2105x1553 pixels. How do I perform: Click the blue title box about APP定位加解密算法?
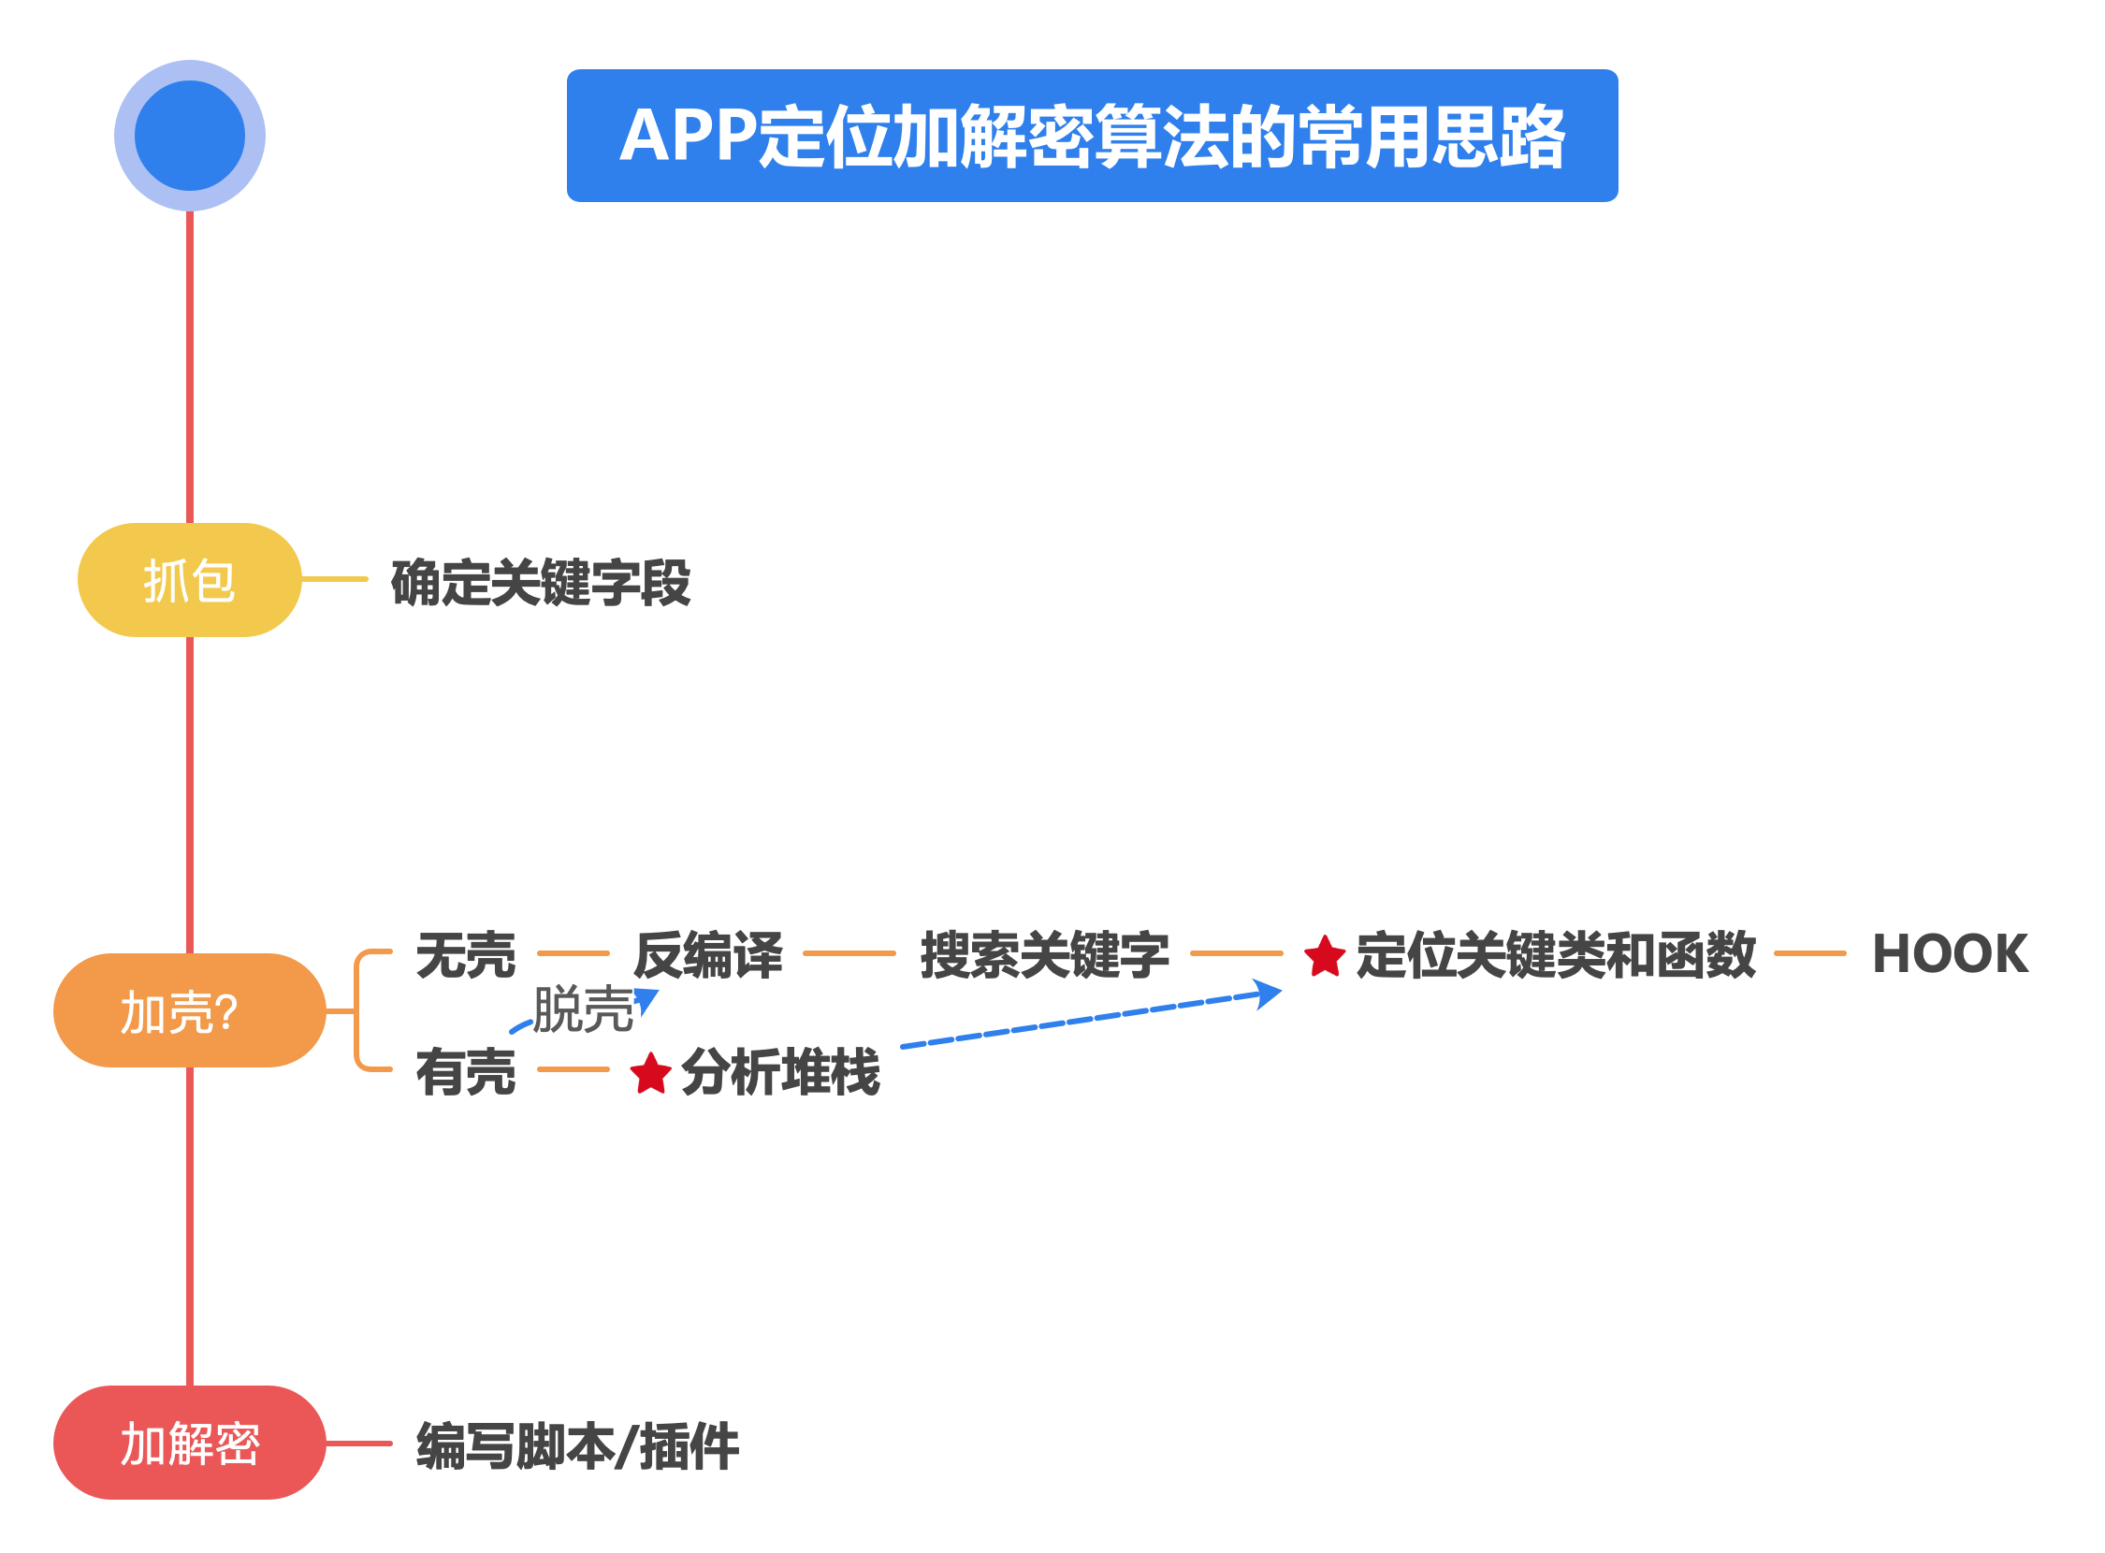click(x=1092, y=137)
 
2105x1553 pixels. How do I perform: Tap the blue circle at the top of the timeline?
click(x=190, y=137)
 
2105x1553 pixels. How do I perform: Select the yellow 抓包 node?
click(x=190, y=580)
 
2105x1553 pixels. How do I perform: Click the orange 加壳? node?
click(x=190, y=1011)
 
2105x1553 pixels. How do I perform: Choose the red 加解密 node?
click(x=190, y=1444)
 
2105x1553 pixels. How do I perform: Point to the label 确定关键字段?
click(x=541, y=583)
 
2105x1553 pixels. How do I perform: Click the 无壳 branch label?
click(x=466, y=955)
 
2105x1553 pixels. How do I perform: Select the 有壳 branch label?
click(x=466, y=1072)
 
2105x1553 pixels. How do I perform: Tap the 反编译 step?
click(x=708, y=955)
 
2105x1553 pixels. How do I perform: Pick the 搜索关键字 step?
click(x=1044, y=955)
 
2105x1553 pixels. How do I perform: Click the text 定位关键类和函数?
click(x=1556, y=955)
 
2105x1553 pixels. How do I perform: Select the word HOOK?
click(x=1951, y=954)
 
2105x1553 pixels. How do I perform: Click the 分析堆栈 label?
click(x=780, y=1072)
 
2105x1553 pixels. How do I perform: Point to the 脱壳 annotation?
click(x=583, y=1009)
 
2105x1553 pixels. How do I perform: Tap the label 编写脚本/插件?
click(x=577, y=1446)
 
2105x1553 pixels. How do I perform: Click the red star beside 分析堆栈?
click(x=650, y=1074)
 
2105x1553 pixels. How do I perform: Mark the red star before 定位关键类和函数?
click(x=1326, y=957)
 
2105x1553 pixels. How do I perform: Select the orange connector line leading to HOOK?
click(x=1810, y=953)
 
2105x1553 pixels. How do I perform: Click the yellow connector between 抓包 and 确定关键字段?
click(x=335, y=579)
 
